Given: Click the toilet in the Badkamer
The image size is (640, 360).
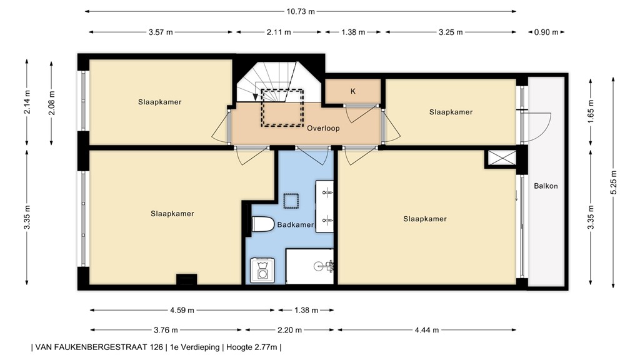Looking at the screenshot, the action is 262,224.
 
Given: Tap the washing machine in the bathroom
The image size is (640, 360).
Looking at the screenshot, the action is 262,270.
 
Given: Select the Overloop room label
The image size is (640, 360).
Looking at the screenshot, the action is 323,128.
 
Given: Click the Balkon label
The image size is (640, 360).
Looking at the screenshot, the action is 546,186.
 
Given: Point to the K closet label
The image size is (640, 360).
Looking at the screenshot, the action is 353,91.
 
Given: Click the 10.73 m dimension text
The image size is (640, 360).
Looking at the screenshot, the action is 301,11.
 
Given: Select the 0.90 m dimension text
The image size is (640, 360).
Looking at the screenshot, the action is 546,32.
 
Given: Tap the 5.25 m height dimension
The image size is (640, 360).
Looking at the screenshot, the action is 614,182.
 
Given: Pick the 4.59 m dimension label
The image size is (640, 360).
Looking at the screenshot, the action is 182,310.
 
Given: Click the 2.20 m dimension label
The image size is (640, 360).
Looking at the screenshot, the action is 289,330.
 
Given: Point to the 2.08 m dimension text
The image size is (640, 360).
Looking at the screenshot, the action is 52,102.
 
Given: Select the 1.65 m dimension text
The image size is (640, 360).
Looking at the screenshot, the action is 591,109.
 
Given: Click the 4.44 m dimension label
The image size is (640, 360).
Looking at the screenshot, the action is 427,330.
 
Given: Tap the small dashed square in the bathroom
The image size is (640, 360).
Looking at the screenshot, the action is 291,201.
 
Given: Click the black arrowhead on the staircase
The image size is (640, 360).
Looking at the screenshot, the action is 256,97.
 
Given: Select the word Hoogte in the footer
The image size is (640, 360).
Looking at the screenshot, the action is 238,347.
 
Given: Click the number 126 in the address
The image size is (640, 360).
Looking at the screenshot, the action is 156,347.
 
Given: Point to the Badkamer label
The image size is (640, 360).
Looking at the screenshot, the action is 296,225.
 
